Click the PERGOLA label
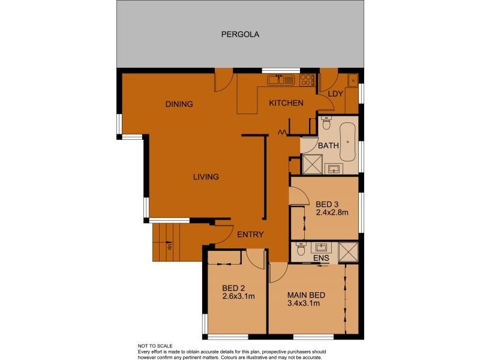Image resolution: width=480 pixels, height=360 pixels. pos(239,34)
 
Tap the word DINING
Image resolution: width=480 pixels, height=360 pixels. pos(179,104)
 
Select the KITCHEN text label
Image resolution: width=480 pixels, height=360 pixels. pos(286,103)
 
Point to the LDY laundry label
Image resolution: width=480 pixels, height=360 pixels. pos(335,94)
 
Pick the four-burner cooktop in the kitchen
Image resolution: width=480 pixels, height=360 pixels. pos(307,79)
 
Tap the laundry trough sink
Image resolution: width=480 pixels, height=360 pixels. pos(353,80)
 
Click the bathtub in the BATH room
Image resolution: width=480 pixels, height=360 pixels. pos(348,142)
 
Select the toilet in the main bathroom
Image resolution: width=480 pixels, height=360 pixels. pos(326,124)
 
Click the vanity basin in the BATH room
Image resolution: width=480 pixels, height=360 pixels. pos(333,169)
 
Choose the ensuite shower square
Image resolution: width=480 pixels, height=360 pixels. pos(348,251)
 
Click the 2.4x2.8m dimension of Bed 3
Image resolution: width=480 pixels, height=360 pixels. pos(332,212)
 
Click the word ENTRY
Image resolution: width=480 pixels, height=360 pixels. pos(250,234)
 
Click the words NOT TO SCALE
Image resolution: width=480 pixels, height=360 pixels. pos(155,346)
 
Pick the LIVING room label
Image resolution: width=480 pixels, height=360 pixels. pos(205,176)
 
